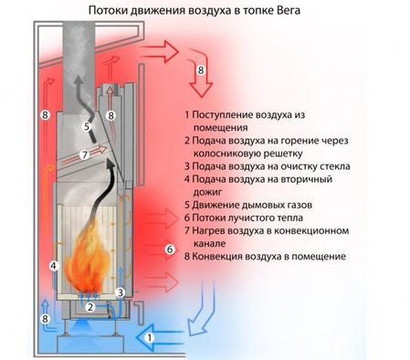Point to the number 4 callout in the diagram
(54, 266)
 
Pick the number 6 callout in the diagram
(168, 249)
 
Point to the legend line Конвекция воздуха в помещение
(265, 257)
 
